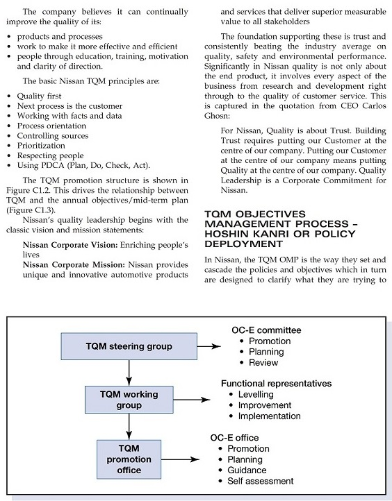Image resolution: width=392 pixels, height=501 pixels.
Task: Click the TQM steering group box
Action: [x=129, y=346]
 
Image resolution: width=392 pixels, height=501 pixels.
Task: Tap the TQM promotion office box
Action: [x=129, y=459]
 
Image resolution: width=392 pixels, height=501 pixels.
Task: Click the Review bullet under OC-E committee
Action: [x=263, y=362]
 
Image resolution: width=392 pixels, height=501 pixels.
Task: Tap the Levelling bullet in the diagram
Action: [x=256, y=394]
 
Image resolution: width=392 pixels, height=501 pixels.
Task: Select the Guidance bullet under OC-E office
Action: [x=247, y=470]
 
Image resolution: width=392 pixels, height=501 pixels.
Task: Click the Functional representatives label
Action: [x=276, y=383]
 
